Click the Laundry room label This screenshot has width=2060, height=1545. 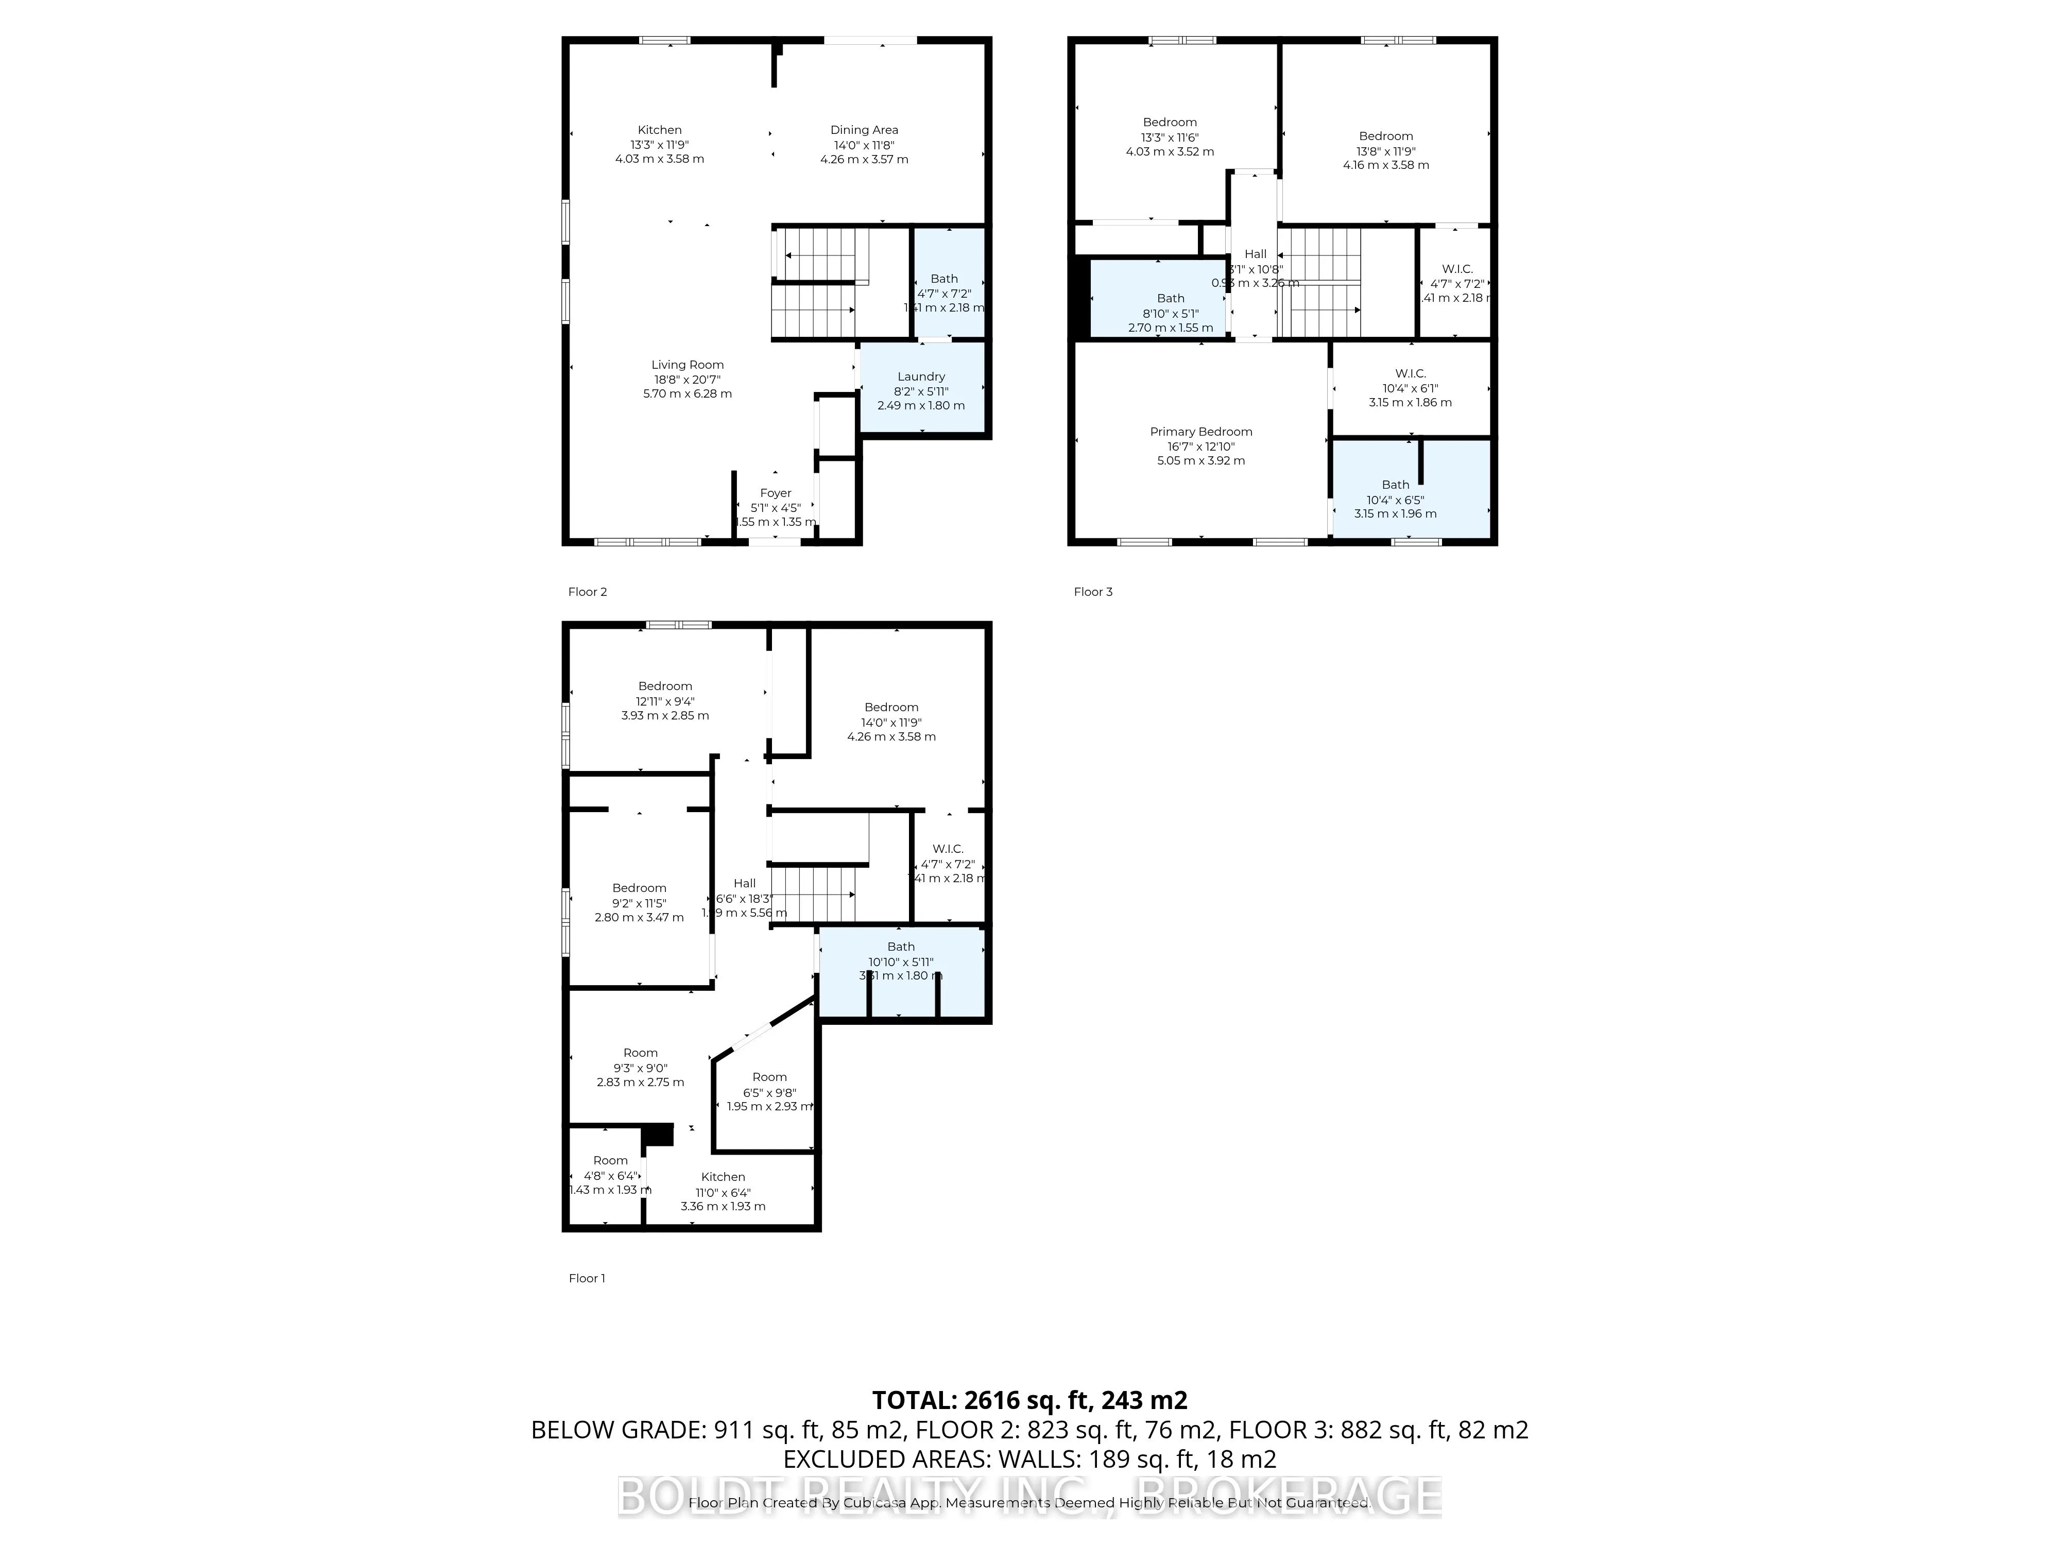920,376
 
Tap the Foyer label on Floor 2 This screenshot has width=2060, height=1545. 775,493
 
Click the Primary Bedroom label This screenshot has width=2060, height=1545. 1200,431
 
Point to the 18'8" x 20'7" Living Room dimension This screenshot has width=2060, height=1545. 688,379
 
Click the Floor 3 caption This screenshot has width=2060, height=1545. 1092,591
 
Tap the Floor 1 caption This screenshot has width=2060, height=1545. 587,1278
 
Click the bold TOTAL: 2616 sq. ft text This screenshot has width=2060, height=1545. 1029,1400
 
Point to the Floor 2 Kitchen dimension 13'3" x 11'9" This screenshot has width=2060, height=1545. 659,144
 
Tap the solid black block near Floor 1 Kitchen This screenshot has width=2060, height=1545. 659,1135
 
